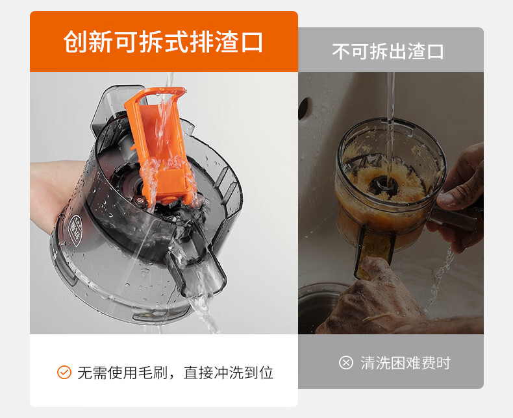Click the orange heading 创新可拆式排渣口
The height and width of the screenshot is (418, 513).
163,42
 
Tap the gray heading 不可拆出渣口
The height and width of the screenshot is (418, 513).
388,52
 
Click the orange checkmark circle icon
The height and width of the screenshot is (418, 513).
64,372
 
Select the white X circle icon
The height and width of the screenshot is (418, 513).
346,363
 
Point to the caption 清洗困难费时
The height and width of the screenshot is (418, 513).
406,363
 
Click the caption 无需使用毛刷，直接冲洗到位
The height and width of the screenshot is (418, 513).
175,373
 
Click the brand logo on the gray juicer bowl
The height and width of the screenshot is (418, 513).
76,230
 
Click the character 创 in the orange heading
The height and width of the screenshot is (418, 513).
75,42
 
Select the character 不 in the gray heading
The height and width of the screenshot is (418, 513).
341,52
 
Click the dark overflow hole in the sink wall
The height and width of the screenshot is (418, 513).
303,108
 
